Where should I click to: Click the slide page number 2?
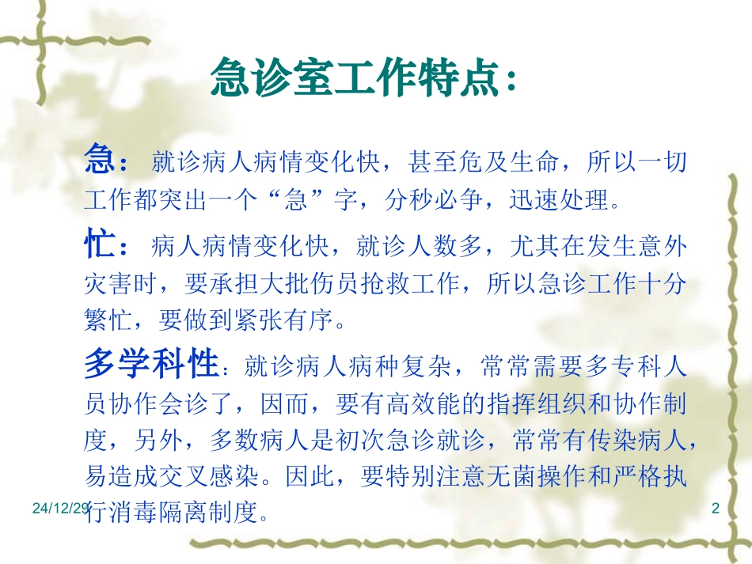(716, 510)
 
